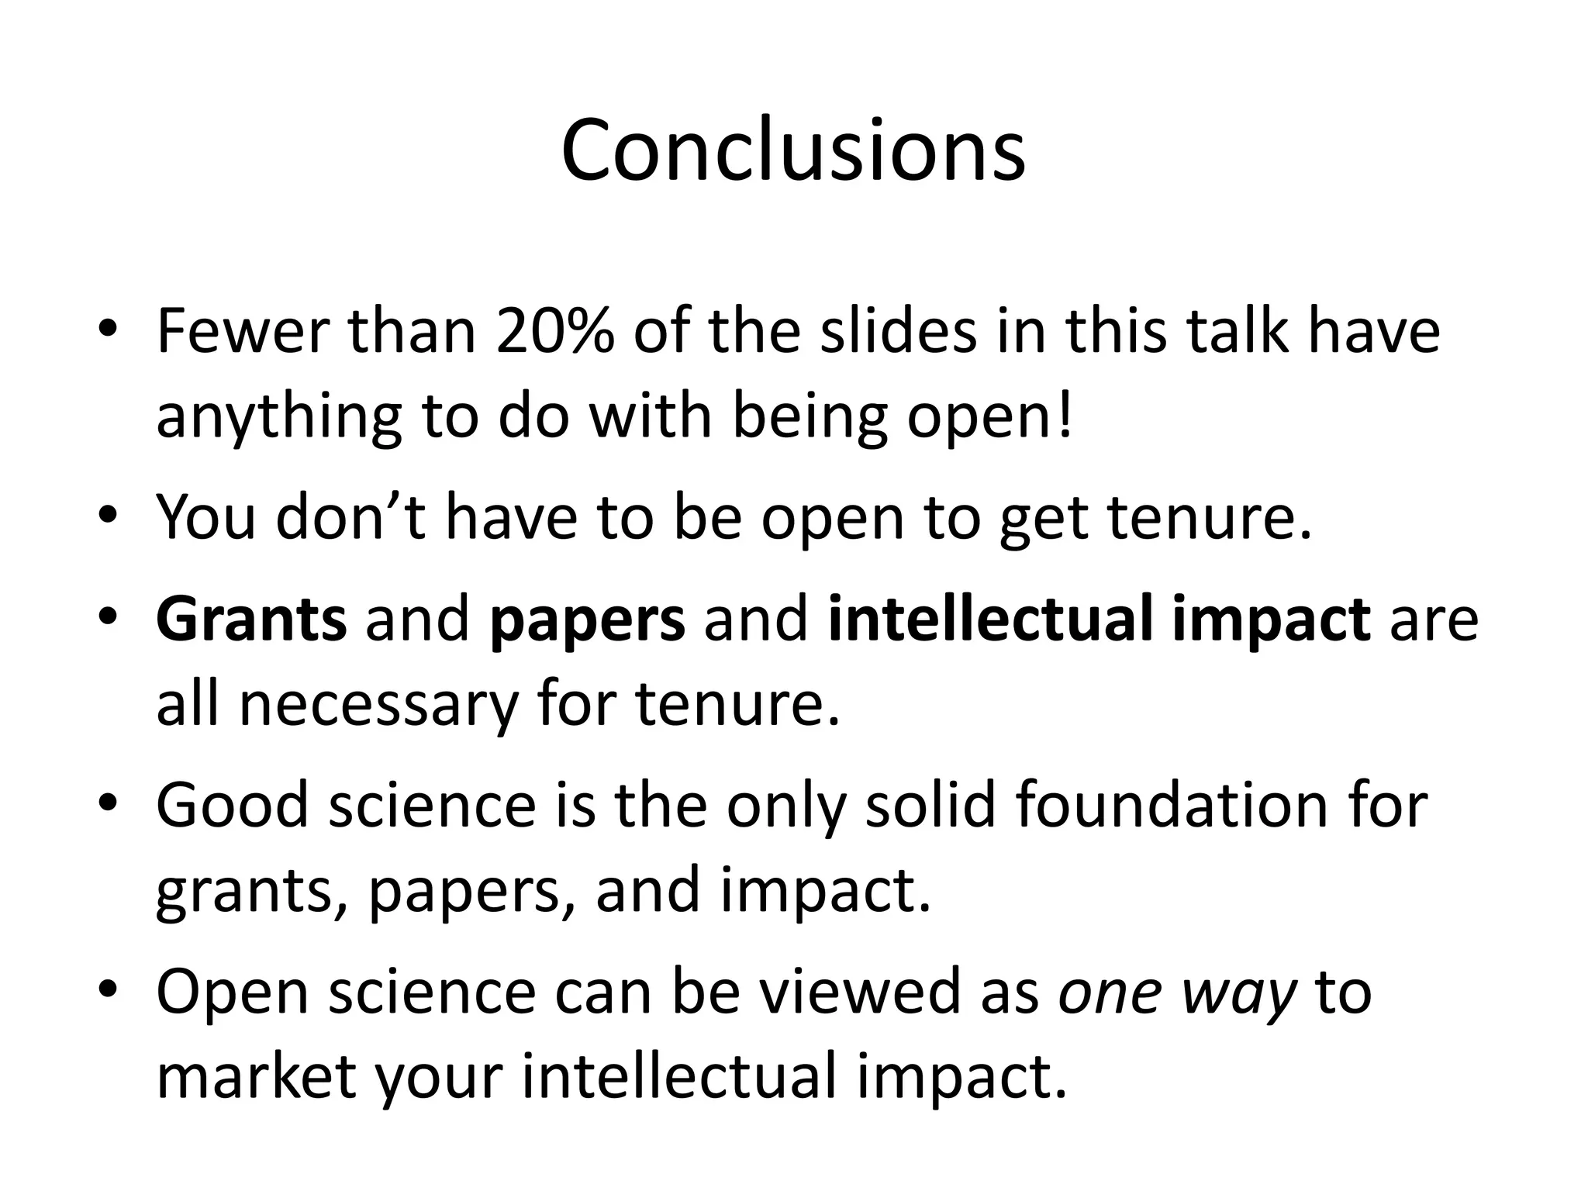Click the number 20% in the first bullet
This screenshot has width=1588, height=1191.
point(555,332)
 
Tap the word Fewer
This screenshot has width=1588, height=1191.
point(242,332)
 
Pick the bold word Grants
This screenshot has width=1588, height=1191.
point(251,620)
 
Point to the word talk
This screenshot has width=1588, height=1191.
point(1234,332)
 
